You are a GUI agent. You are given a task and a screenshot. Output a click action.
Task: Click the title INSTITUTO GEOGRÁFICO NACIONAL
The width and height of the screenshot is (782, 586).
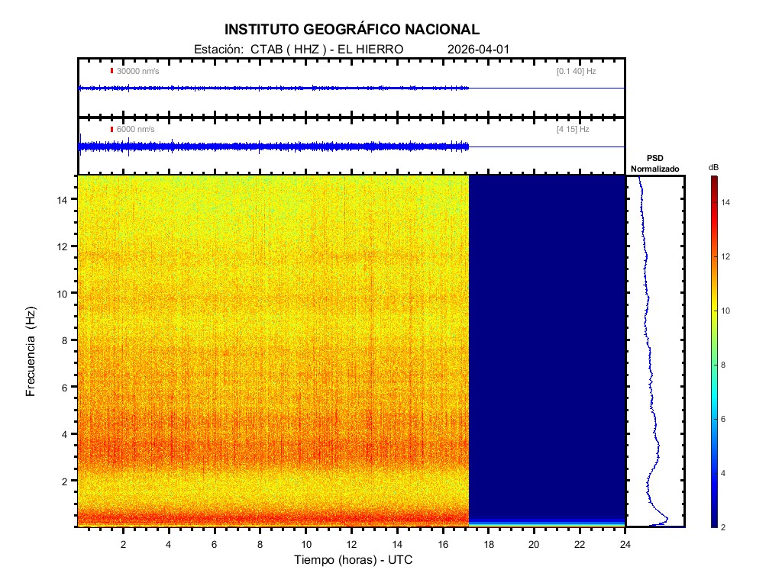[352, 30]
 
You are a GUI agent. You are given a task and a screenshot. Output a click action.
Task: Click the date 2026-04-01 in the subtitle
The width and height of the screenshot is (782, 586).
[478, 49]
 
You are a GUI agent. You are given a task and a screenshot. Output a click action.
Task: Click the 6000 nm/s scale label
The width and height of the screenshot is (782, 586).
[135, 130]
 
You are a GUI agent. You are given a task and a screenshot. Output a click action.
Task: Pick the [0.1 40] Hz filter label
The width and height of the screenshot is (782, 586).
[576, 71]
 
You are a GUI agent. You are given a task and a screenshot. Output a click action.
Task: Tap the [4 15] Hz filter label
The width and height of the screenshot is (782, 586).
[573, 130]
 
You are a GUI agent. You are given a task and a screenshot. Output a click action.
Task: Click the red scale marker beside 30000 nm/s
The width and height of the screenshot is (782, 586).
[111, 71]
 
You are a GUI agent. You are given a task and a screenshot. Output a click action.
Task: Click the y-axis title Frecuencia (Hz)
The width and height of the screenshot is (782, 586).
[31, 352]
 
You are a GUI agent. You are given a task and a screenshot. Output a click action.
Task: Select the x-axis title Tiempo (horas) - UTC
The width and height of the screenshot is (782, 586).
[354, 560]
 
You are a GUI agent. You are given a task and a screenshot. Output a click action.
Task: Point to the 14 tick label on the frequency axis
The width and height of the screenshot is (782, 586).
[64, 199]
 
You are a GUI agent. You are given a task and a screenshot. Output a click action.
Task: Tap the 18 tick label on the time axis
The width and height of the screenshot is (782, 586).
[489, 543]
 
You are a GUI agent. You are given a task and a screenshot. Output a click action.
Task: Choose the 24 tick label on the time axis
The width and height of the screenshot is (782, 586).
[625, 543]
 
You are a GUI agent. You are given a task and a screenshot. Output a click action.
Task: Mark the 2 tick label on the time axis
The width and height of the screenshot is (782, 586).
[123, 543]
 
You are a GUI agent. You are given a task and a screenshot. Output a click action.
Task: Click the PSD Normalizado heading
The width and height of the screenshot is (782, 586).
[654, 163]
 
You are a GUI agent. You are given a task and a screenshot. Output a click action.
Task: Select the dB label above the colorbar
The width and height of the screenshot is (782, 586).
[713, 166]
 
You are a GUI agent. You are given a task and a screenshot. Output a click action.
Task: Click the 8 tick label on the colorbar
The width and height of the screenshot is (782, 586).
[726, 365]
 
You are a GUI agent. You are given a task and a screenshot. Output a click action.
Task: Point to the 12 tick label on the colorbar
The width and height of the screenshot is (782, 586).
[729, 256]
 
